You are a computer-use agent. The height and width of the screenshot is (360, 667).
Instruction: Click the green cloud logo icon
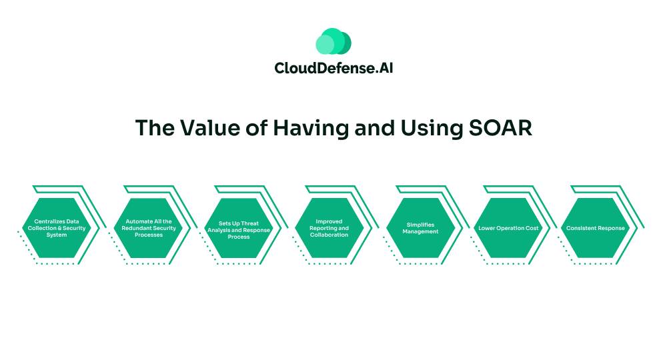[333, 41]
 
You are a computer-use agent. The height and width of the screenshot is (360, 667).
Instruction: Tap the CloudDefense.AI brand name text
[333, 68]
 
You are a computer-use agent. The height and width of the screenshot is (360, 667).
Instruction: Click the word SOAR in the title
[500, 127]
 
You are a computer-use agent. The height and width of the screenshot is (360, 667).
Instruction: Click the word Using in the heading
[432, 129]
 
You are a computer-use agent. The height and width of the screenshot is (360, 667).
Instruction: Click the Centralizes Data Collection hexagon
[57, 228]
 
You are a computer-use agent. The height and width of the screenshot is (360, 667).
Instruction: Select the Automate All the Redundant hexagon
[149, 228]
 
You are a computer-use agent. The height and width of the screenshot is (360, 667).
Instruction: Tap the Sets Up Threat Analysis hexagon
[239, 228]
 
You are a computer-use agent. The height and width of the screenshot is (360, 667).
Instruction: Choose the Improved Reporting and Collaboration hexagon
[329, 228]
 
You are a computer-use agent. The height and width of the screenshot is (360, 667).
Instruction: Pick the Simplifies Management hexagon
[420, 228]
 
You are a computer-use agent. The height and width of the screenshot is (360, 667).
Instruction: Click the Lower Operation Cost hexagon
[508, 228]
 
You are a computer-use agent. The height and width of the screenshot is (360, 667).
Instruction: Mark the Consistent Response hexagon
[596, 228]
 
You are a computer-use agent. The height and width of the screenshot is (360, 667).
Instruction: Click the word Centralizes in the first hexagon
[49, 221]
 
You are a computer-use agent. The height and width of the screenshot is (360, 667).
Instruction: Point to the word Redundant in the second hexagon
[136, 228]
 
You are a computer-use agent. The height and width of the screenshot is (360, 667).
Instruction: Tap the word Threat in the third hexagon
[250, 223]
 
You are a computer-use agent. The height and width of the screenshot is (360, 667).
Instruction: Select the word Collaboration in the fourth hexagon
[329, 235]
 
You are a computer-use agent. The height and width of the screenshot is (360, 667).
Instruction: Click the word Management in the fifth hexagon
[420, 231]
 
